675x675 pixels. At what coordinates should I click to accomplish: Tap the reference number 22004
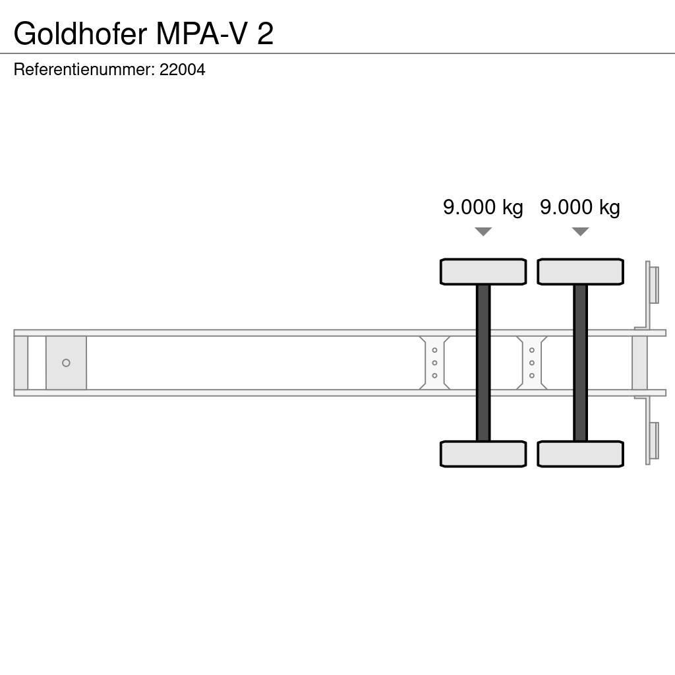(x=183, y=69)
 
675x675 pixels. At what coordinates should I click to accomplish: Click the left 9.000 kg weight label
(x=483, y=207)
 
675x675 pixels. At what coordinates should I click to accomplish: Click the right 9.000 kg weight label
(x=580, y=207)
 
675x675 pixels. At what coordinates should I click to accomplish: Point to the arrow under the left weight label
(x=483, y=231)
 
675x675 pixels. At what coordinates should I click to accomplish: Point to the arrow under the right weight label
(x=580, y=231)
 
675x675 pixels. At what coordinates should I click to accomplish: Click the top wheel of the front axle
(x=483, y=272)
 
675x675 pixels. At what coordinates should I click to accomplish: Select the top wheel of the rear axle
(x=580, y=272)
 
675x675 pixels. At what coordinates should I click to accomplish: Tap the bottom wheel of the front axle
(x=483, y=454)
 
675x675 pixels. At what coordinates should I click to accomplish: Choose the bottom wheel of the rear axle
(x=580, y=454)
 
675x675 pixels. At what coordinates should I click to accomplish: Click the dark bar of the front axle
(x=483, y=363)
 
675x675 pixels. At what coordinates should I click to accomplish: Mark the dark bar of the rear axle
(x=580, y=363)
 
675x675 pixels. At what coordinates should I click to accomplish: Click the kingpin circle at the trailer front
(x=66, y=363)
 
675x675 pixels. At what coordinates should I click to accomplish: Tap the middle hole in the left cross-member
(x=434, y=363)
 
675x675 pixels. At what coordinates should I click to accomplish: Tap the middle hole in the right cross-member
(x=532, y=363)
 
